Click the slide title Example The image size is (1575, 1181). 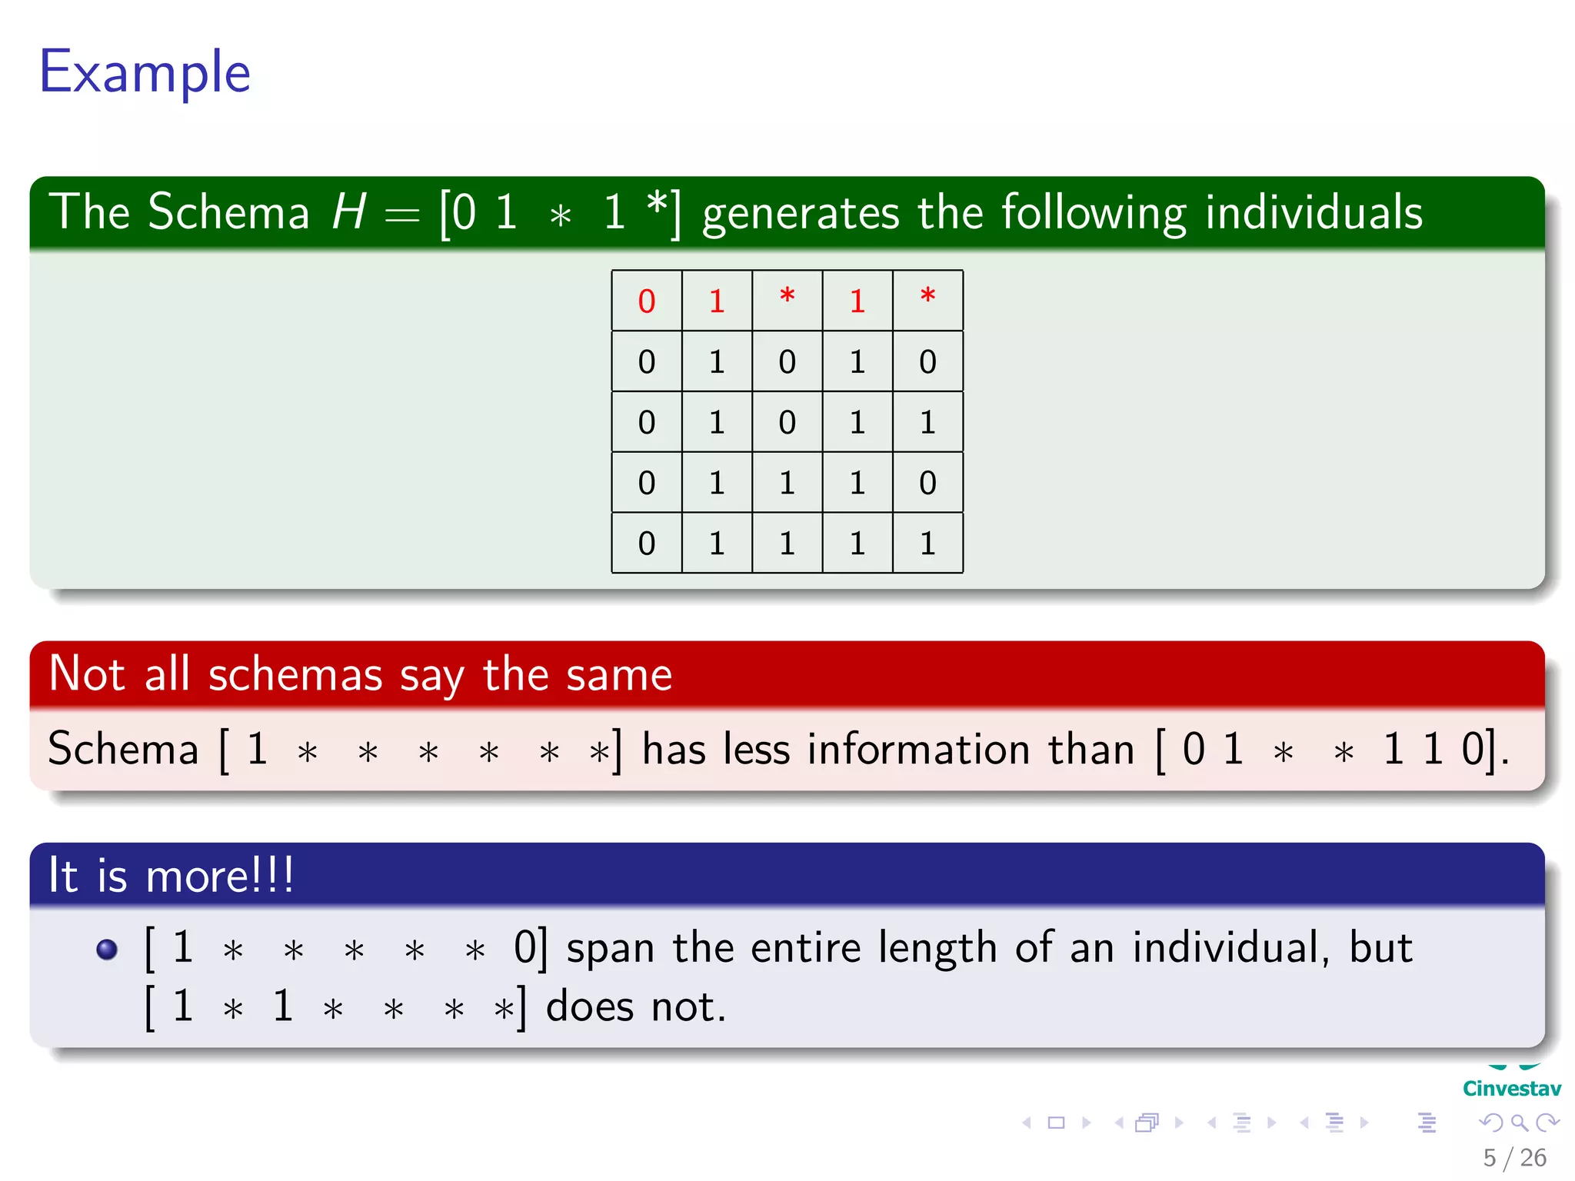pyautogui.click(x=145, y=72)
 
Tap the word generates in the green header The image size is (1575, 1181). pyautogui.click(x=800, y=213)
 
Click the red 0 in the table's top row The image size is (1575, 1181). pyautogui.click(x=646, y=301)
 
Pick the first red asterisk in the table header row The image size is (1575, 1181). pyautogui.click(x=787, y=298)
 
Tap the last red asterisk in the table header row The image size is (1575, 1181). pyautogui.click(x=927, y=298)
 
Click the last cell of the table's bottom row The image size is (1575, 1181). pyautogui.click(x=927, y=544)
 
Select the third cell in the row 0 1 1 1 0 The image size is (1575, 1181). pyautogui.click(x=787, y=483)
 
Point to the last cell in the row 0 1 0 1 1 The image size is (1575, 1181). pyautogui.click(x=927, y=422)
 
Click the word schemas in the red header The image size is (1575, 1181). pyautogui.click(x=295, y=675)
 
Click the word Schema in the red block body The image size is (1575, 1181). pyautogui.click(x=123, y=749)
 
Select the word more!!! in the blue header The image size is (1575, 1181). pyautogui.click(x=219, y=875)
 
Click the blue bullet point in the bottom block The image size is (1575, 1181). pyautogui.click(x=107, y=949)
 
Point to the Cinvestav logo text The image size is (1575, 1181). pyautogui.click(x=1511, y=1088)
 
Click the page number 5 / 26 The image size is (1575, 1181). pyautogui.click(x=1514, y=1157)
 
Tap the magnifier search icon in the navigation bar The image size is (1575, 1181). pyautogui.click(x=1519, y=1123)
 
